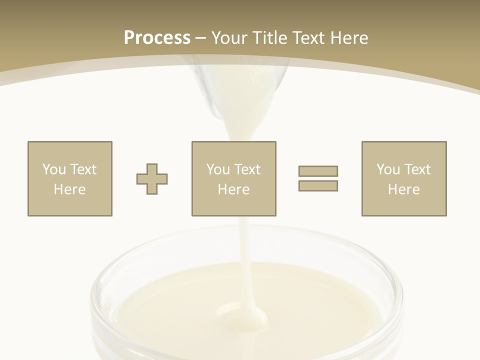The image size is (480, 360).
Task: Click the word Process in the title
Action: click(x=157, y=38)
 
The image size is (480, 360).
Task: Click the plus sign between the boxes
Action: click(x=152, y=179)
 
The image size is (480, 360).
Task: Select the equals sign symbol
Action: click(x=318, y=178)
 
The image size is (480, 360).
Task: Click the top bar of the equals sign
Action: click(x=318, y=171)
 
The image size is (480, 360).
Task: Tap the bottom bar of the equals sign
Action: click(x=318, y=186)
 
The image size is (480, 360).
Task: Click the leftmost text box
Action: click(x=69, y=178)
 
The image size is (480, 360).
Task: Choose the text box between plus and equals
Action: click(x=233, y=178)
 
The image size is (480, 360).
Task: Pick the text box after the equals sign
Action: click(x=403, y=178)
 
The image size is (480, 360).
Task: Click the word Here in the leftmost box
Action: click(x=69, y=189)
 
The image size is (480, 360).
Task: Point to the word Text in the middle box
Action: click(x=247, y=169)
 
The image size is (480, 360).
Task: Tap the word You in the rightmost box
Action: click(x=388, y=169)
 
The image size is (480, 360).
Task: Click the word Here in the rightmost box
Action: click(x=403, y=189)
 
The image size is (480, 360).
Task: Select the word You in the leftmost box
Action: click(x=54, y=169)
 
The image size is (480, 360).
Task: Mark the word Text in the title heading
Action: click(x=309, y=38)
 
